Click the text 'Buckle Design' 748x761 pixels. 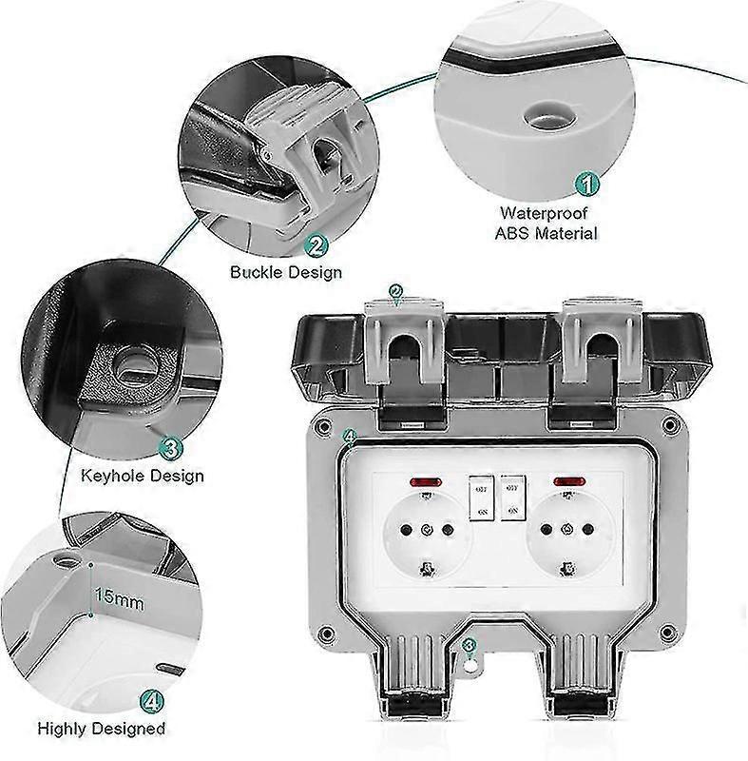point(286,272)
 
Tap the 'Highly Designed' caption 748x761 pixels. point(101,730)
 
